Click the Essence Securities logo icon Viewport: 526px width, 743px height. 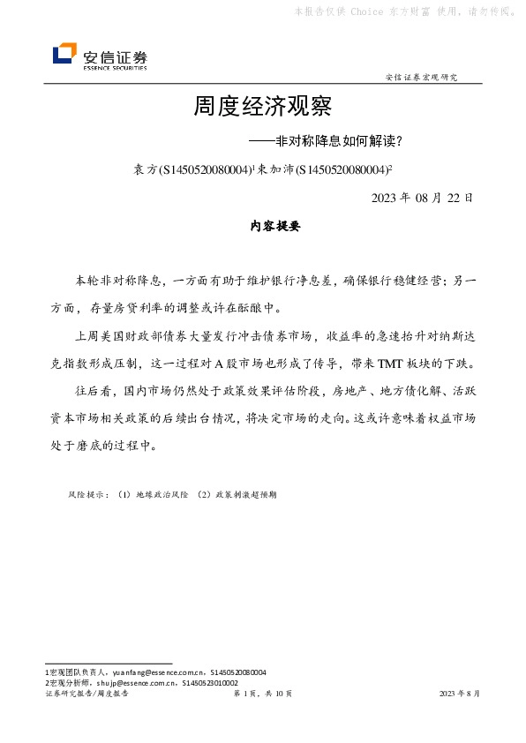pyautogui.click(x=65, y=56)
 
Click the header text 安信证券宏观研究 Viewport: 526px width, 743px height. pyautogui.click(x=422, y=78)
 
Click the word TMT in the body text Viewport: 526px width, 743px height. pyautogui.click(x=391, y=364)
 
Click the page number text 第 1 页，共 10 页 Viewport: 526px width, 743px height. pyautogui.click(x=262, y=694)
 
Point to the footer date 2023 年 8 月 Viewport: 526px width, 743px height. pyautogui.click(x=460, y=694)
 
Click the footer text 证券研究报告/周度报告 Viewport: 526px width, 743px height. pyautogui.click(x=86, y=694)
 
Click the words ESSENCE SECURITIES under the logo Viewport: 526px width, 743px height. pyautogui.click(x=115, y=67)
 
